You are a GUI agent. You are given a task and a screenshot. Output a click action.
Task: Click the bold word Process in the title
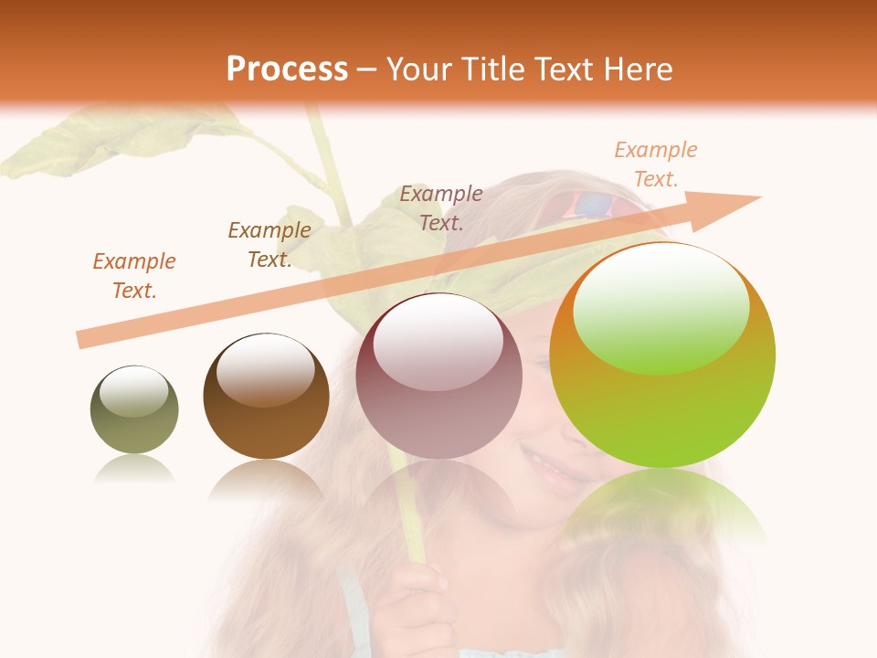pos(287,69)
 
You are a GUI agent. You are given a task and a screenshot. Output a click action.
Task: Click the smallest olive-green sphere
pos(134,409)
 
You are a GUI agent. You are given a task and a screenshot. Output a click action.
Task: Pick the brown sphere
pos(266,396)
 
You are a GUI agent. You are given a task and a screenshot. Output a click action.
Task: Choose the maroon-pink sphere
pos(438,376)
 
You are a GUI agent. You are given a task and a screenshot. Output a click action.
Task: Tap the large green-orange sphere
pos(662,355)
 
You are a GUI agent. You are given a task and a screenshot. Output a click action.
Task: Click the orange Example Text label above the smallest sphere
pos(134,275)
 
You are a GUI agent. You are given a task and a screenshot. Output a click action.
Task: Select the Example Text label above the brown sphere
pos(269,244)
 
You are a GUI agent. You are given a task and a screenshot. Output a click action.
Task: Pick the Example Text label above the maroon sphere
pos(441,207)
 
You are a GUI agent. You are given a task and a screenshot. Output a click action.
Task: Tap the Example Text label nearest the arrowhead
pos(656,164)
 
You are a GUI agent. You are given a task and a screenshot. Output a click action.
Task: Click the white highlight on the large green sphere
pos(660,308)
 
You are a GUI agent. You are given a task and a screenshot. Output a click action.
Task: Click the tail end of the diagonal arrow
pos(84,339)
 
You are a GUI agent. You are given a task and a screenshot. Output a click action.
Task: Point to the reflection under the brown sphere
pos(266,480)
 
